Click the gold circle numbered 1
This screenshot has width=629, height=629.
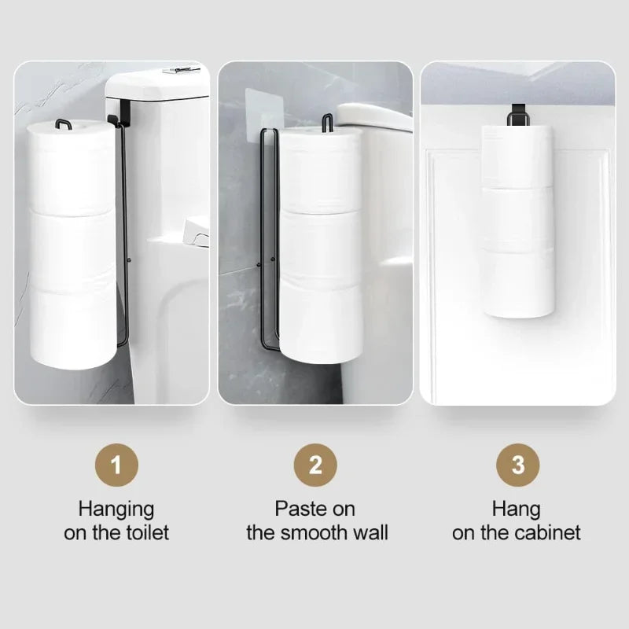click(x=116, y=465)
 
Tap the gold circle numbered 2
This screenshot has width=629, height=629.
click(x=315, y=465)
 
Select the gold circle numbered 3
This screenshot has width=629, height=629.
click(x=517, y=465)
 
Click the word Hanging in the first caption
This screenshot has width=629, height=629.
click(x=116, y=509)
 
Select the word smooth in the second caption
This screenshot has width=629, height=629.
click(x=323, y=532)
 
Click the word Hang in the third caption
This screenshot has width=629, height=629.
click(x=517, y=509)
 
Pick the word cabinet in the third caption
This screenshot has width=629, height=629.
click(x=547, y=532)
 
